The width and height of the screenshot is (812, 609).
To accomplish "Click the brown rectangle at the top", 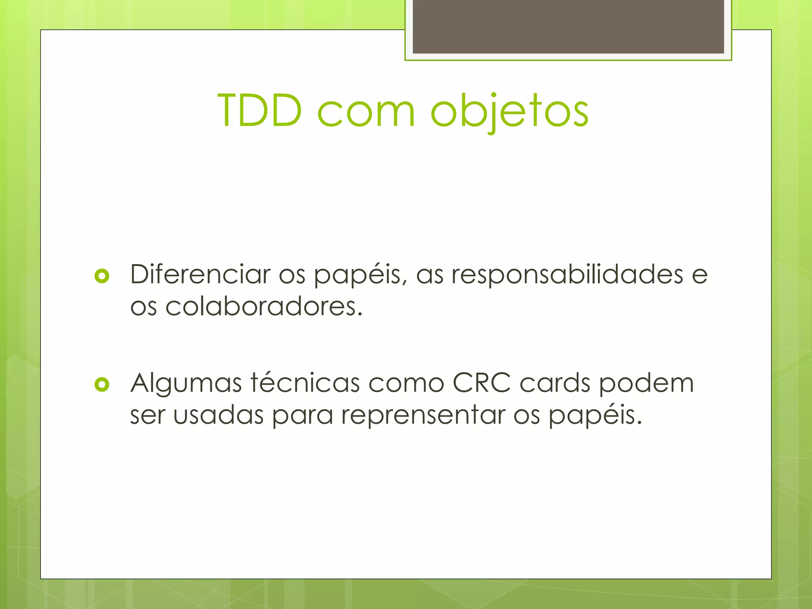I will (568, 27).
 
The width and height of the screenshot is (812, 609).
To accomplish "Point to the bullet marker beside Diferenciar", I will (102, 276).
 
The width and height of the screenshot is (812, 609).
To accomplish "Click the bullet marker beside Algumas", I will (102, 384).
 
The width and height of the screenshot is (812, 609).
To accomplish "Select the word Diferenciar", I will (200, 274).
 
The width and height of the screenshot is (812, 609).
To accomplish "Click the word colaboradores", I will (264, 306).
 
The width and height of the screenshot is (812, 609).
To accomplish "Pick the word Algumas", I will (186, 384).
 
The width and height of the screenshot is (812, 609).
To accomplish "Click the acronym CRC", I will (481, 383).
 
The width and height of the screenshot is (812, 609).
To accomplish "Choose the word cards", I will (555, 383).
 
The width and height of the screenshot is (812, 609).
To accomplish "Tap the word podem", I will (646, 384).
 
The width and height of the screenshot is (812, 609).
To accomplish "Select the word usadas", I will (218, 415).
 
